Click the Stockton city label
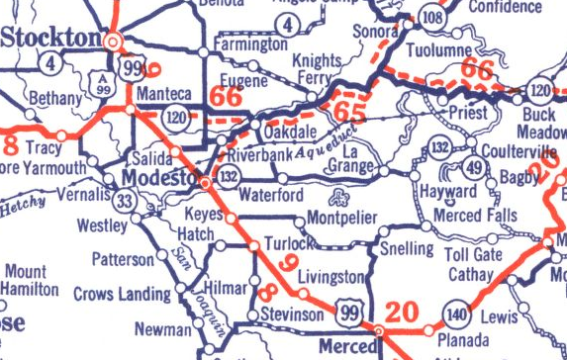[x=50, y=38]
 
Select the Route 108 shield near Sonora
[x=430, y=18]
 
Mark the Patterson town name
[x=123, y=259]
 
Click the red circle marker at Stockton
[x=114, y=43]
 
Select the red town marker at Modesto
[x=205, y=183]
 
